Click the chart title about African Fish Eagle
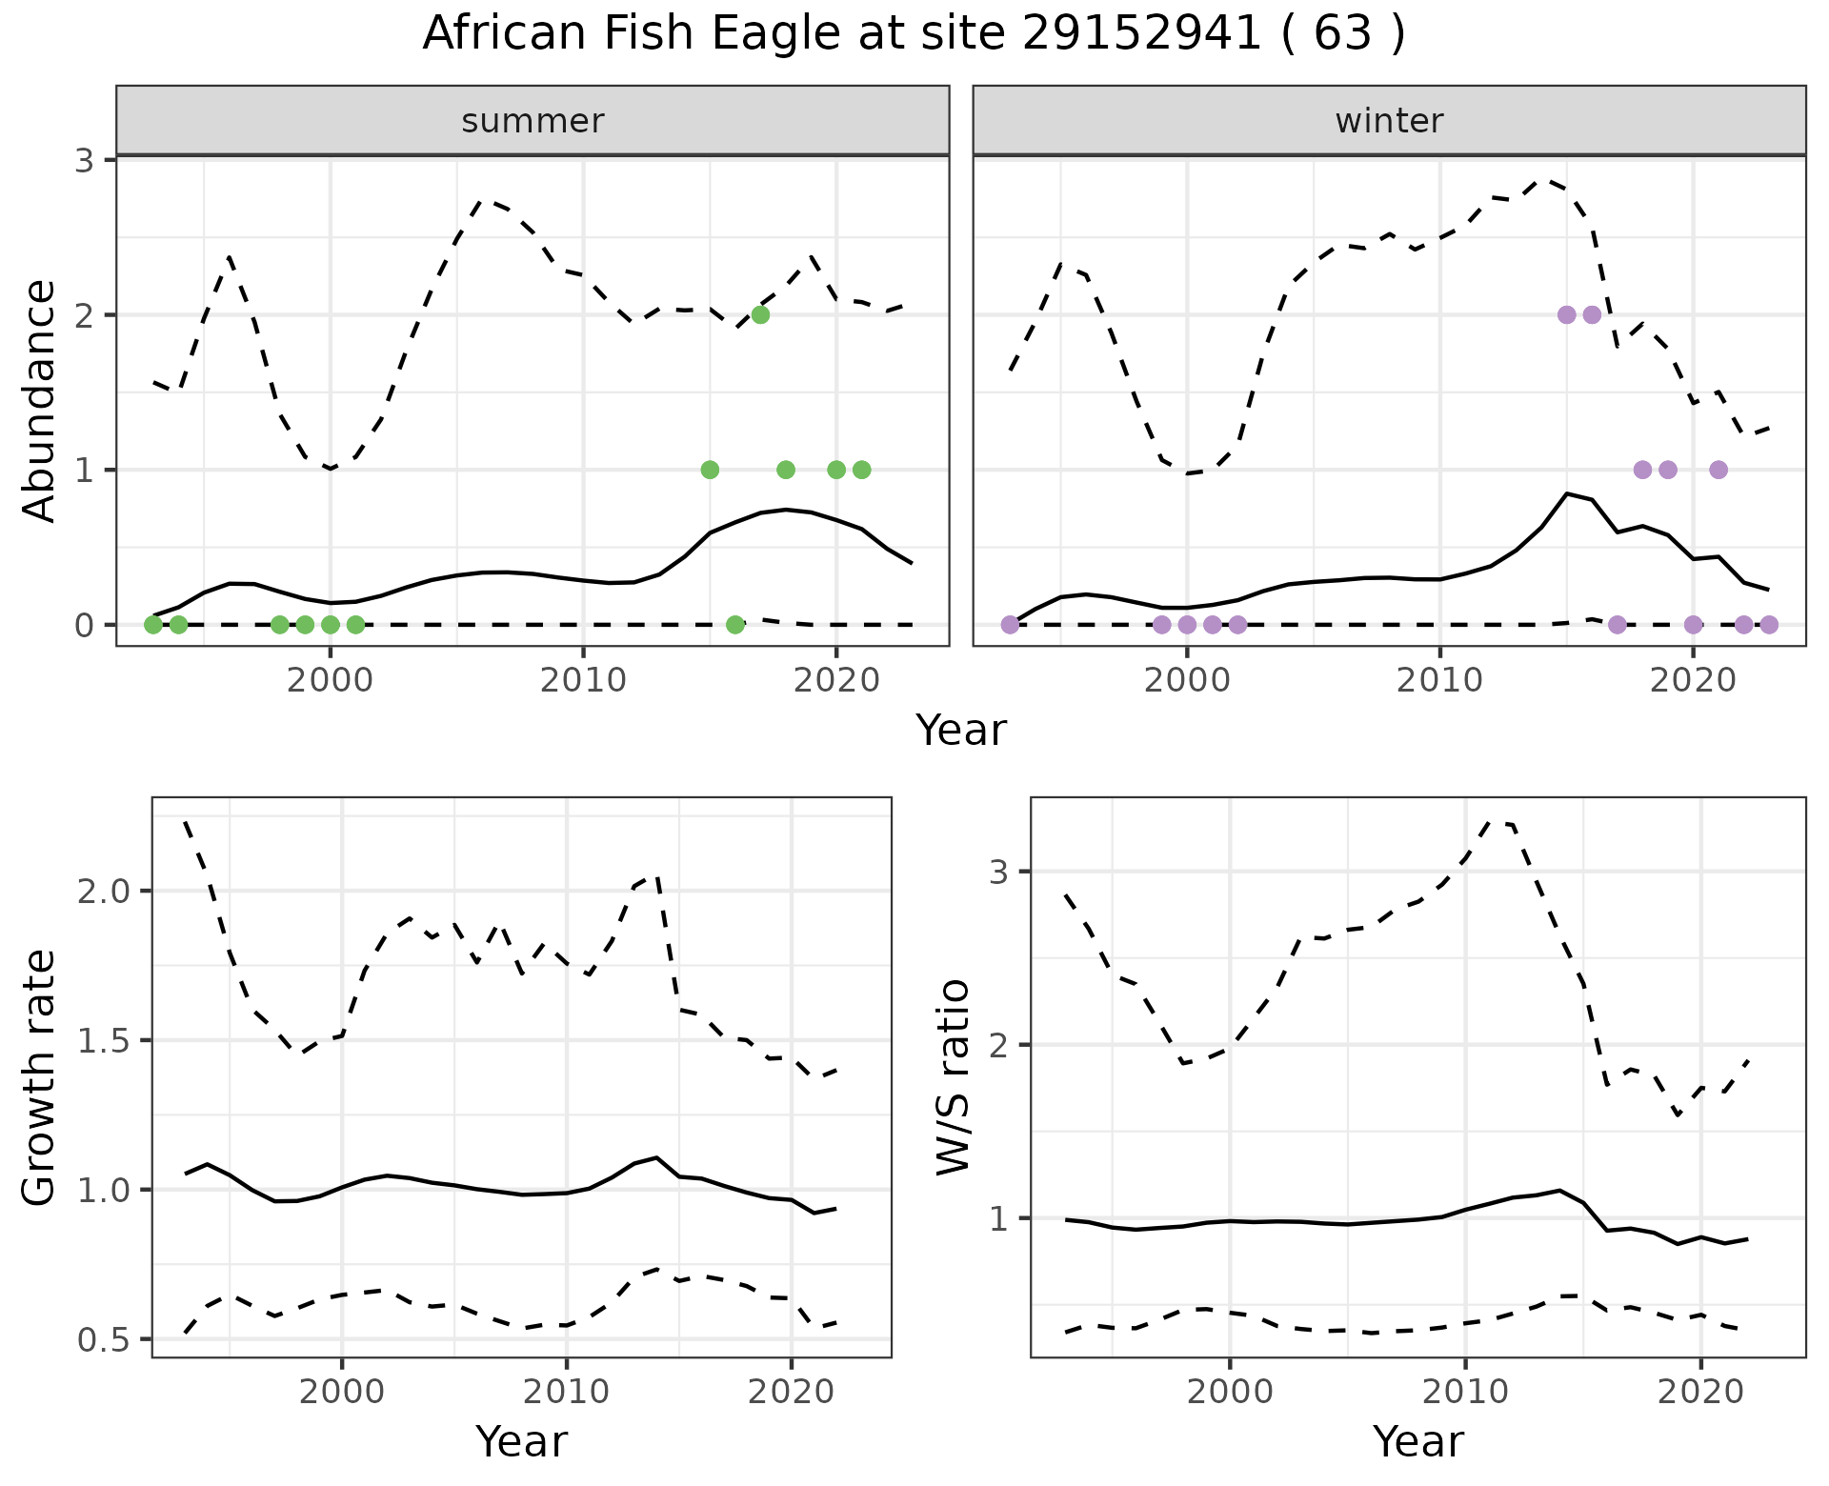914,34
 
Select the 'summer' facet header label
533,121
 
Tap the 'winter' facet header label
1389,121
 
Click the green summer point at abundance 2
760,315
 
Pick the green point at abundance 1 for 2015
710,470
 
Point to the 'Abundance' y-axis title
40,401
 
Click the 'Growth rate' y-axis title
40,1077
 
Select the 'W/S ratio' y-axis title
953,1077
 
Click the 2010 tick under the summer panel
583,680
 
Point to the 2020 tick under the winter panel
1693,680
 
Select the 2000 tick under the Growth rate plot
342,1392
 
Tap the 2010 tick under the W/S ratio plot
1465,1392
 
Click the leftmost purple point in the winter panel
1011,625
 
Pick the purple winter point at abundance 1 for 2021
1718,470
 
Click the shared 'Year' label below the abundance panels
960,731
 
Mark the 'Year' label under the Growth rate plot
521,1442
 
